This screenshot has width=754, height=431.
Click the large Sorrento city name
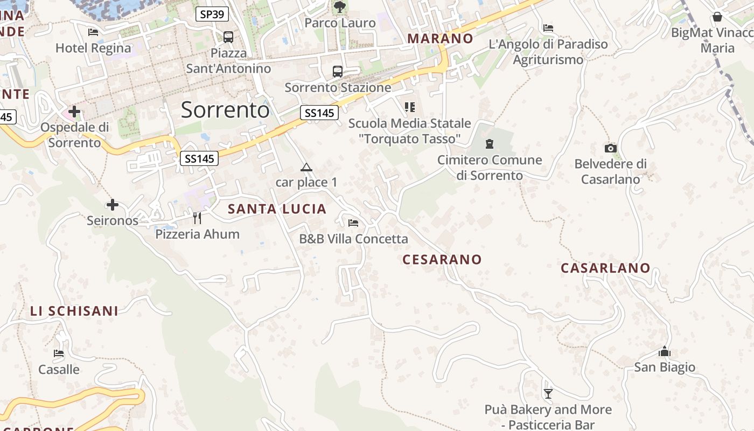pyautogui.click(x=225, y=109)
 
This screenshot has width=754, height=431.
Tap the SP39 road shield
pyautogui.click(x=212, y=14)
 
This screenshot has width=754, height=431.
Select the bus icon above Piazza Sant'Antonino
pyautogui.click(x=228, y=37)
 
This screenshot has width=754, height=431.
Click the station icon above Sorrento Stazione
pyautogui.click(x=338, y=71)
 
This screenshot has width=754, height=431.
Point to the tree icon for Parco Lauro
pyautogui.click(x=340, y=7)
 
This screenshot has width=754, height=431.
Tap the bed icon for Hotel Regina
pyautogui.click(x=93, y=32)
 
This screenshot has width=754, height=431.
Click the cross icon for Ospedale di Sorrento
pyautogui.click(x=74, y=112)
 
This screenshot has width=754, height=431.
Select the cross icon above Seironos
pyautogui.click(x=113, y=205)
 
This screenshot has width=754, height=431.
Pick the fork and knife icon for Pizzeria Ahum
pyautogui.click(x=197, y=218)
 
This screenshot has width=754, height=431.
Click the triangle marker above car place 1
pyautogui.click(x=306, y=167)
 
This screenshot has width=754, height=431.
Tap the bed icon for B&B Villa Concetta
pyautogui.click(x=353, y=223)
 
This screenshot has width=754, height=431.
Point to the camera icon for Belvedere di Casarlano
pyautogui.click(x=610, y=148)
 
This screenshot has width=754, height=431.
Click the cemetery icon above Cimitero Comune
pyautogui.click(x=490, y=144)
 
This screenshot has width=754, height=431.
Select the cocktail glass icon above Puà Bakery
pyautogui.click(x=548, y=394)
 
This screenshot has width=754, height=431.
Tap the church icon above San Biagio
pyautogui.click(x=665, y=352)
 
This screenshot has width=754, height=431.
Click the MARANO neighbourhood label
pyautogui.click(x=440, y=39)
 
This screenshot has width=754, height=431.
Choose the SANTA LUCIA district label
pyautogui.click(x=277, y=209)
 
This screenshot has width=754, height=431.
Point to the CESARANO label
pyautogui.click(x=442, y=260)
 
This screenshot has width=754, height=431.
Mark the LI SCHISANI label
pyautogui.click(x=74, y=311)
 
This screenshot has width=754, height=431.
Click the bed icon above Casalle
pyautogui.click(x=59, y=353)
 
